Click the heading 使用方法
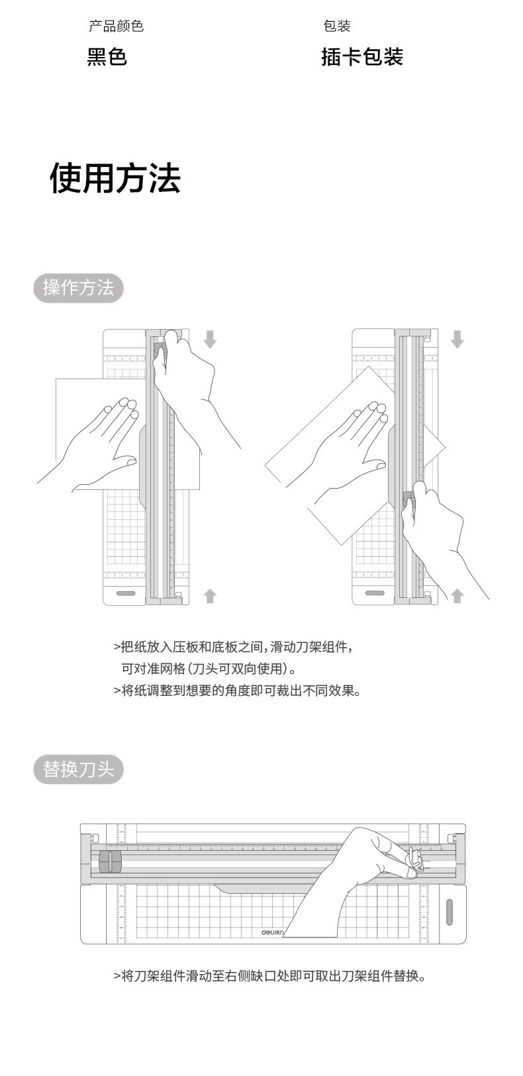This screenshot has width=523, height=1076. tap(115, 178)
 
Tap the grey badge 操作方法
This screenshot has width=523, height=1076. tap(78, 288)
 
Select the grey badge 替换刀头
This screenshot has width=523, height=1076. tap(78, 769)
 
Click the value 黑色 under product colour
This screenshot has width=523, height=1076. tap(107, 57)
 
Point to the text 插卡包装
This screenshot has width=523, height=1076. tap(362, 57)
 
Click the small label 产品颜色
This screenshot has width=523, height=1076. tap(117, 26)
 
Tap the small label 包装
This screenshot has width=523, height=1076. tap(337, 26)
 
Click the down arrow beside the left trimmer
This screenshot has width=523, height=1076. tap(210, 339)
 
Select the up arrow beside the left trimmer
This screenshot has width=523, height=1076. tap(210, 596)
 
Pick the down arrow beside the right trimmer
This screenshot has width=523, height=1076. tap(457, 339)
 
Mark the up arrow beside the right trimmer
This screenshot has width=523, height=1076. tap(457, 596)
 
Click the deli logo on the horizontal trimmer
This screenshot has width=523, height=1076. tap(272, 932)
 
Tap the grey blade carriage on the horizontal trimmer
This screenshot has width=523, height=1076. tap(110, 861)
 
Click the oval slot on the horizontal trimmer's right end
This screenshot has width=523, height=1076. tap(450, 912)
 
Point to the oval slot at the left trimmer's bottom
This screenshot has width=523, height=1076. tap(126, 593)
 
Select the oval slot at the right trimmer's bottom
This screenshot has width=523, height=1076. tap(375, 593)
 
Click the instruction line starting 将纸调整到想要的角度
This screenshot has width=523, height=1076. tap(237, 691)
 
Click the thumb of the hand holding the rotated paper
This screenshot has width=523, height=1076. tap(375, 465)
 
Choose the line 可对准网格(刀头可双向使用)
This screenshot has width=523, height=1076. tap(209, 669)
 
